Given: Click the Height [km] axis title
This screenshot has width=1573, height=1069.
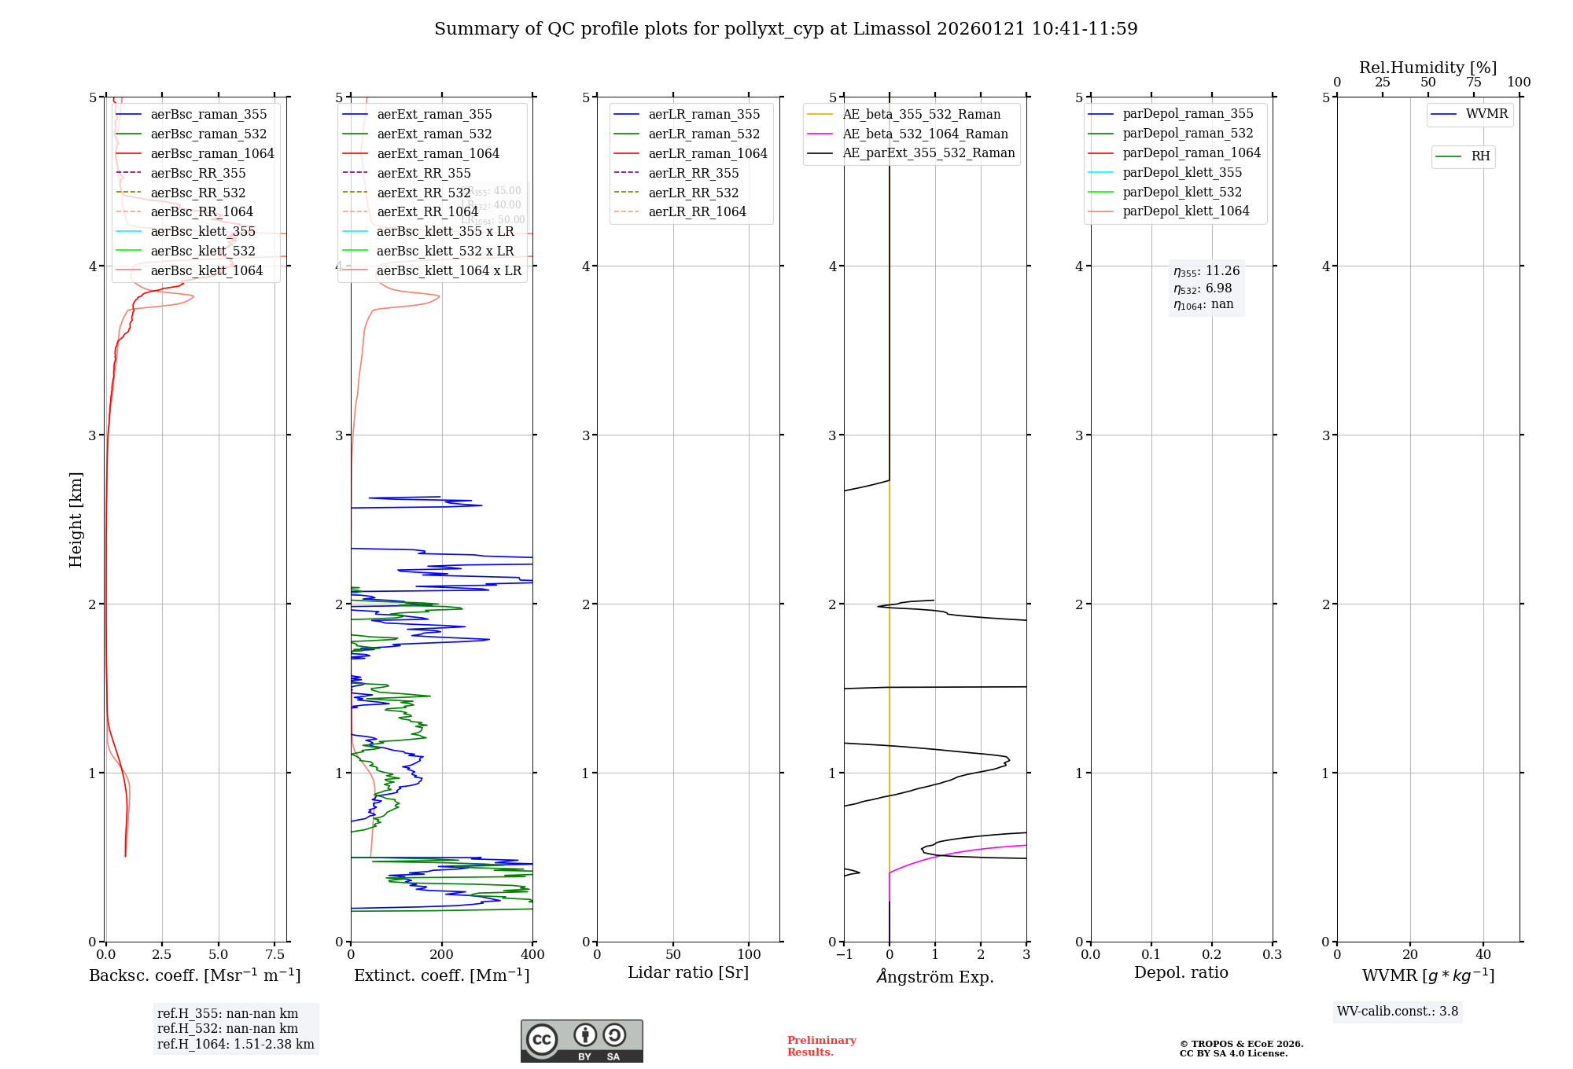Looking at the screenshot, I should click(76, 519).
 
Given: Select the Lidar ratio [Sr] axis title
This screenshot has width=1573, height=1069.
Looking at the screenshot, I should click(688, 972).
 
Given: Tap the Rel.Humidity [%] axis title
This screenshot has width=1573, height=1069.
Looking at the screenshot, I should click(1427, 68).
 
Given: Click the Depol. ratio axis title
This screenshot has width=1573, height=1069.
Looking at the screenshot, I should click(1181, 972).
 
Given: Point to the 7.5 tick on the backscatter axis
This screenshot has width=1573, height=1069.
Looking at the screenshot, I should click(274, 954).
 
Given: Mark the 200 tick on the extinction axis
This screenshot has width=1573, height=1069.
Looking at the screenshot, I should click(442, 954).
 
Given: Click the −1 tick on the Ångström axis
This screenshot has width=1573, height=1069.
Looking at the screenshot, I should click(844, 954).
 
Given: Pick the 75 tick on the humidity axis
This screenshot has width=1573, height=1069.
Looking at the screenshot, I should click(1473, 83).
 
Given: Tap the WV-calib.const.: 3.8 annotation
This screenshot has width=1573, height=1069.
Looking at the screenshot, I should click(1397, 1012).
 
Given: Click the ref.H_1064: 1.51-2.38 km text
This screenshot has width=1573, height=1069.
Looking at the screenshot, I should click(235, 1044).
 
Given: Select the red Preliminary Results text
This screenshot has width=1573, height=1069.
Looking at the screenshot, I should click(821, 1046).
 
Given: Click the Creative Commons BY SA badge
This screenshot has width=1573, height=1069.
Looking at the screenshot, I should click(581, 1041).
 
